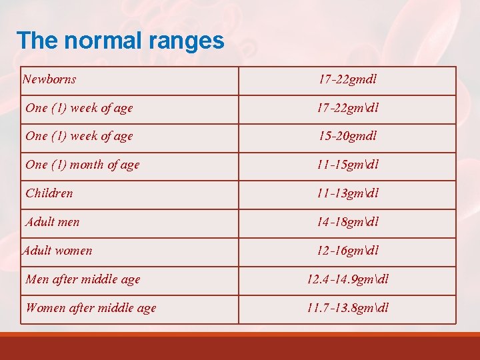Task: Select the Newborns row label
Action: point(49,79)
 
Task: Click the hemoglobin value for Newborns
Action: point(347,79)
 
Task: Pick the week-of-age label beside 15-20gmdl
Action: point(79,136)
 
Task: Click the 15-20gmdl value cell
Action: point(347,136)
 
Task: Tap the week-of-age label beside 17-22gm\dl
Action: point(79,108)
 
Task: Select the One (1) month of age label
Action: point(83,165)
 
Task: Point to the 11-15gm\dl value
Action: point(348,165)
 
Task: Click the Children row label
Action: point(49,193)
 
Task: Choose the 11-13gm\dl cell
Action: point(348,193)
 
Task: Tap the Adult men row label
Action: point(53,222)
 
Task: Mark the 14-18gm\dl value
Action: point(348,222)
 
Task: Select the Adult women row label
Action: point(57,251)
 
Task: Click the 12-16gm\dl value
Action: point(348,251)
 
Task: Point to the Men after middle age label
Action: point(83,279)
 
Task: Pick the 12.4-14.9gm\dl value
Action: point(348,279)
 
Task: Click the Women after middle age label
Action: point(91,308)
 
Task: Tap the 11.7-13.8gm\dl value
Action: point(348,308)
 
